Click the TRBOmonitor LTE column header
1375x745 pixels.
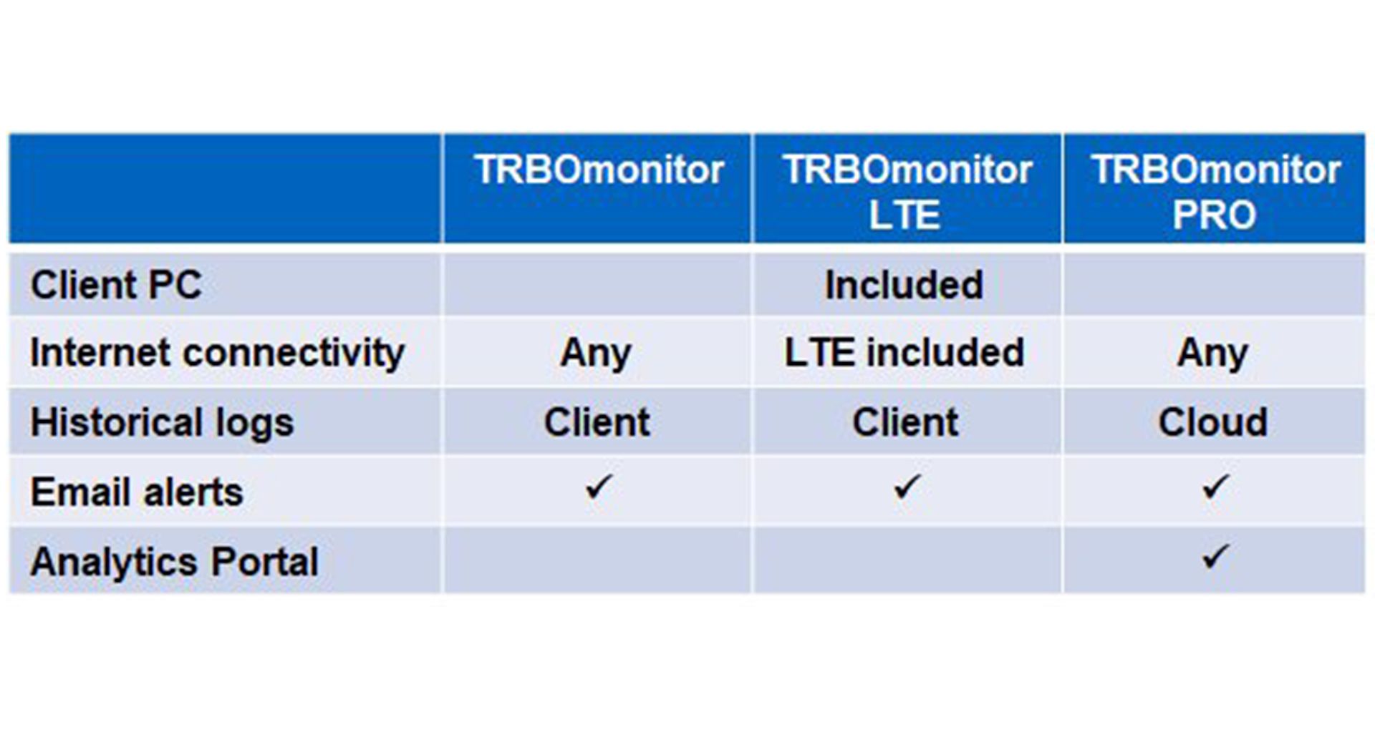click(907, 192)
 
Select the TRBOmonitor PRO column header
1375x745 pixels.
click(1215, 192)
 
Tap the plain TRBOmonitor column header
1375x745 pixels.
click(599, 170)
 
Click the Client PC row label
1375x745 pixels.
click(116, 285)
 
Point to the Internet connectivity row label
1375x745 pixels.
click(218, 354)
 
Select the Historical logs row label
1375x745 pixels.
click(162, 422)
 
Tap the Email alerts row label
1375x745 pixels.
click(137, 492)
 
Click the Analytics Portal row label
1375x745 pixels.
click(175, 562)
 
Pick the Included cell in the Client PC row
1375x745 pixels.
click(904, 285)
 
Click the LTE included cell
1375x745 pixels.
click(904, 353)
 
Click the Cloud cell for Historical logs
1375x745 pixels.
click(1213, 422)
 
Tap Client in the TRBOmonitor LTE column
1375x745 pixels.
click(905, 422)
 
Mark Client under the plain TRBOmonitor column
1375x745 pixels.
click(597, 422)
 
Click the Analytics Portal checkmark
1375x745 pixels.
click(1215, 556)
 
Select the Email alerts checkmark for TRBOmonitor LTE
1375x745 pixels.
click(907, 487)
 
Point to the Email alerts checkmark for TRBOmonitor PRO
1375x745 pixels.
click(1215, 487)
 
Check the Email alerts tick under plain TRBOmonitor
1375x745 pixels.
click(598, 487)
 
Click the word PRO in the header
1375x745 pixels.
click(1215, 215)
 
